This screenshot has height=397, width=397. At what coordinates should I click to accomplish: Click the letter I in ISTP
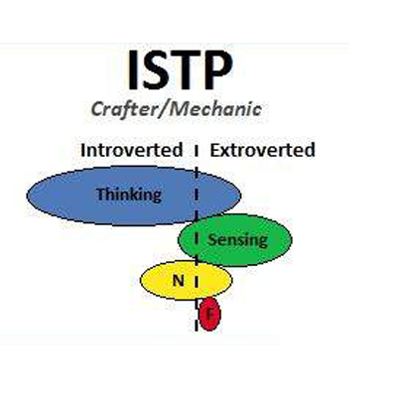click(x=133, y=70)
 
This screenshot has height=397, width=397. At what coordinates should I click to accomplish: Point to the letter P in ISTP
click(x=217, y=70)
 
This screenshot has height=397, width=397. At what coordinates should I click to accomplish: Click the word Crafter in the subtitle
click(x=124, y=109)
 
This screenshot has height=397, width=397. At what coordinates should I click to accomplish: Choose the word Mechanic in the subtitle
click(x=215, y=109)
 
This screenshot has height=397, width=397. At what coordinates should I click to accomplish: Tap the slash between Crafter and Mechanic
click(x=162, y=109)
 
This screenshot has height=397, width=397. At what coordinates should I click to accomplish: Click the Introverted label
click(x=131, y=150)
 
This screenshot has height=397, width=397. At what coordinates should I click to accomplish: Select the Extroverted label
click(x=262, y=150)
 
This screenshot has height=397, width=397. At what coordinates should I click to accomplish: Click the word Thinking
click(x=129, y=195)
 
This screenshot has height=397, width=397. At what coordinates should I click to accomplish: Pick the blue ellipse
click(x=134, y=196)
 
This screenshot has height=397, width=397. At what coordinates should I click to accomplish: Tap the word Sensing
click(x=237, y=239)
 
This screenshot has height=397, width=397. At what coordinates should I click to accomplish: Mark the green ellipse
click(x=235, y=240)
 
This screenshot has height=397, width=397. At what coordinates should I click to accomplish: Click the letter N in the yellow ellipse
click(x=179, y=281)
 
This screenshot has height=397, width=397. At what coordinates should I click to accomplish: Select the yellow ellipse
click(x=187, y=281)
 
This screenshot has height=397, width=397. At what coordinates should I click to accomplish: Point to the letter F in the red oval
click(x=209, y=314)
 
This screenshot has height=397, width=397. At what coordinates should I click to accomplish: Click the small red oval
click(x=209, y=314)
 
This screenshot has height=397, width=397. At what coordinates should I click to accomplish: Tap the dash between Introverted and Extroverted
click(x=197, y=150)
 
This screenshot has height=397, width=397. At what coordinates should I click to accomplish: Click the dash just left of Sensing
click(x=197, y=239)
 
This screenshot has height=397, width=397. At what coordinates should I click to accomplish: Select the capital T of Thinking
click(x=101, y=194)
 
